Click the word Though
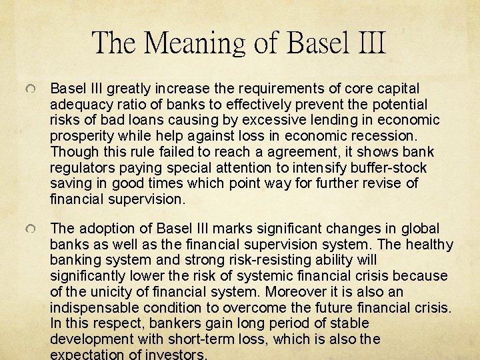pyautogui.click(x=71, y=152)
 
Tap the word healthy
pyautogui.click(x=431, y=245)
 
